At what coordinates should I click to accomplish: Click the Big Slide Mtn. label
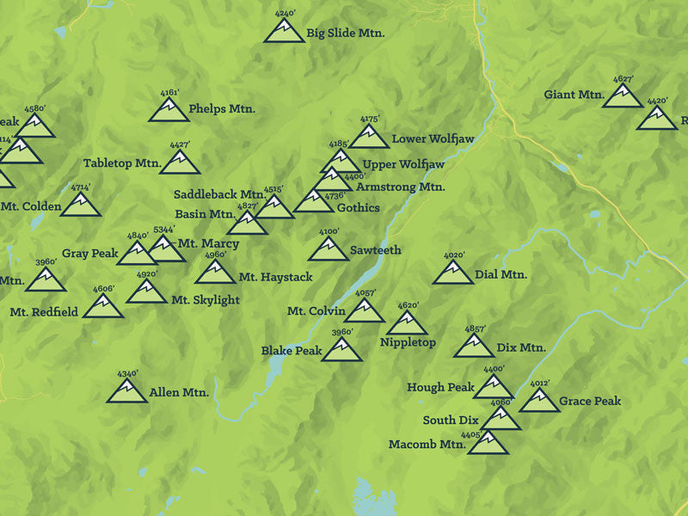pyautogui.click(x=345, y=34)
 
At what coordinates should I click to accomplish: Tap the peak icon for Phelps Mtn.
pyautogui.click(x=169, y=110)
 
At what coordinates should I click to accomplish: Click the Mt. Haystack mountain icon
pyautogui.click(x=215, y=273)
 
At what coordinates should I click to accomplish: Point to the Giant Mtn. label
pyautogui.click(x=574, y=95)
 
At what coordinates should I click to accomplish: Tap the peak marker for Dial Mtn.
pyautogui.click(x=453, y=273)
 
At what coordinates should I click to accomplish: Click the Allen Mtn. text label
pyautogui.click(x=179, y=393)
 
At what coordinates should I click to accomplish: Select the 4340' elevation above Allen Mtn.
pyautogui.click(x=127, y=374)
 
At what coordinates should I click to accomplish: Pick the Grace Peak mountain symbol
pyautogui.click(x=538, y=402)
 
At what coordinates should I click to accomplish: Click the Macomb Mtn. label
pyautogui.click(x=427, y=445)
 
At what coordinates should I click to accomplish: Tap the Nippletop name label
pyautogui.click(x=408, y=343)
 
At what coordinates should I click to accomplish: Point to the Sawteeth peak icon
pyautogui.click(x=329, y=250)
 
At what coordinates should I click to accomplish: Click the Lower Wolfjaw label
pyautogui.click(x=430, y=138)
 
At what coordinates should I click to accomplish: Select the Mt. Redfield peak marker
pyautogui.click(x=103, y=307)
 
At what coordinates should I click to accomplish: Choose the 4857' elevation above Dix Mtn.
pyautogui.click(x=476, y=329)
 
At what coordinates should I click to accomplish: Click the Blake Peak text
pyautogui.click(x=292, y=351)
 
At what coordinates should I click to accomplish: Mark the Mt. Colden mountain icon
pyautogui.click(x=81, y=205)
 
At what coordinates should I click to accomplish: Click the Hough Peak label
pyautogui.click(x=441, y=388)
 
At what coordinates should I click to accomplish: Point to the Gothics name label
pyautogui.click(x=358, y=207)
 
